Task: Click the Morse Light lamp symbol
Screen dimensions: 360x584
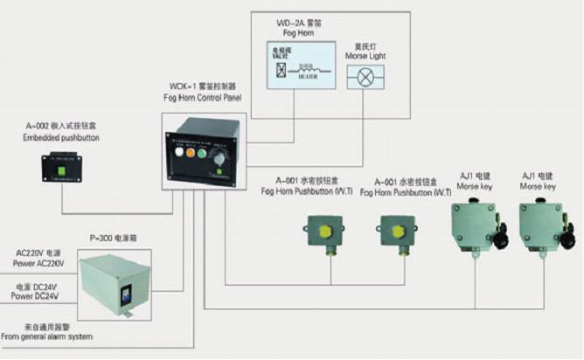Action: tap(366, 78)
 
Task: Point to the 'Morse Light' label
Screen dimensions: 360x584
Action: tap(366, 55)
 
